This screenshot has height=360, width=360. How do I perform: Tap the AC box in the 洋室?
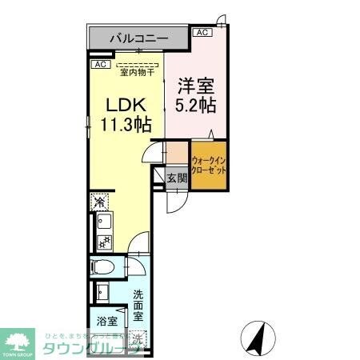tap(202, 33)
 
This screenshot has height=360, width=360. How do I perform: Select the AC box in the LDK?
tap(100, 64)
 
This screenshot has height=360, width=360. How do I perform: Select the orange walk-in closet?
tap(208, 165)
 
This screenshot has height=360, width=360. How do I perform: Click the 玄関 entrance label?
tap(176, 178)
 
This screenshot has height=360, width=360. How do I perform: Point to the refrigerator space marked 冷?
tap(99, 201)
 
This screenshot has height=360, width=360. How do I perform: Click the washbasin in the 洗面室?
tap(102, 291)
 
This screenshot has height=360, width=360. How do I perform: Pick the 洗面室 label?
tap(138, 304)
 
